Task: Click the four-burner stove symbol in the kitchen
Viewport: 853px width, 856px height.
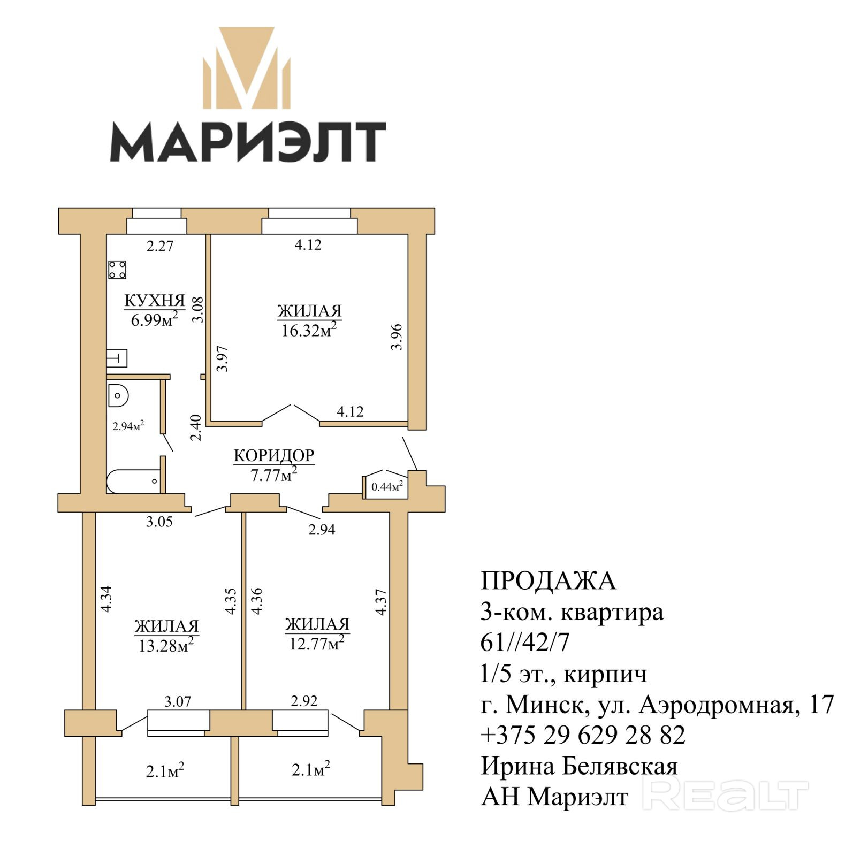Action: (x=117, y=270)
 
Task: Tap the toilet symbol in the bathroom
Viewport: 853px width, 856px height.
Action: (x=119, y=396)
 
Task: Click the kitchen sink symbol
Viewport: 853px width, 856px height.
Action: (x=117, y=358)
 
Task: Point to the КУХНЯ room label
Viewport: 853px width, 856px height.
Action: (x=155, y=301)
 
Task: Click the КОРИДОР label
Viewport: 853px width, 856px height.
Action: (x=274, y=455)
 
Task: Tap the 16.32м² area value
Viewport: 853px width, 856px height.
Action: (x=309, y=330)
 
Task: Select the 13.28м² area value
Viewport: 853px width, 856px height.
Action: (x=166, y=645)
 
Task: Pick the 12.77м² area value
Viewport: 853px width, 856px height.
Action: (x=316, y=643)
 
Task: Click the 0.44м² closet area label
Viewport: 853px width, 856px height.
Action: (x=387, y=486)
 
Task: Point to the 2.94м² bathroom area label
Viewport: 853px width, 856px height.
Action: (x=128, y=426)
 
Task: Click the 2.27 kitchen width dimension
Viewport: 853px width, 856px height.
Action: (x=160, y=246)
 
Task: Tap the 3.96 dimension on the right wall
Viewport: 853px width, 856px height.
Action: (x=396, y=337)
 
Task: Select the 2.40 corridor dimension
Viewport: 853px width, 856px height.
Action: (x=196, y=427)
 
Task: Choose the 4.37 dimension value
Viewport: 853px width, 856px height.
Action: (x=380, y=602)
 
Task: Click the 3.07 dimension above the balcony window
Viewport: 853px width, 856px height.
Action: (x=178, y=701)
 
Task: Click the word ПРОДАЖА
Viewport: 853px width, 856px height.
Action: (x=549, y=581)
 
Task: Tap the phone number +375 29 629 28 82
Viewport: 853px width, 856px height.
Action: (x=583, y=735)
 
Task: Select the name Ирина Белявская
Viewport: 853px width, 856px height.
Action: (x=580, y=766)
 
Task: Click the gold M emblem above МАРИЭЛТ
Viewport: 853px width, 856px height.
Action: (x=247, y=68)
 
